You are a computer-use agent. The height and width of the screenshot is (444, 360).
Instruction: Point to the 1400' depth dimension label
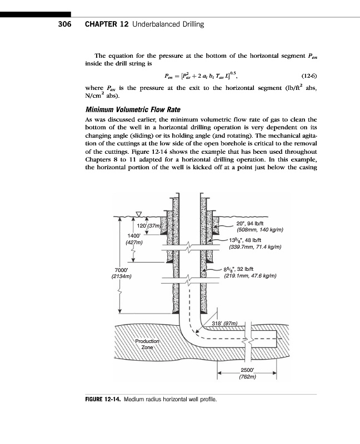tap(134, 235)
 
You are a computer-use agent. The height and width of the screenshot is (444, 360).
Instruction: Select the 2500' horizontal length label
tap(247, 370)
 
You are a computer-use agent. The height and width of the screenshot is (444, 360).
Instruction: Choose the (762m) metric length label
tap(247, 376)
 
